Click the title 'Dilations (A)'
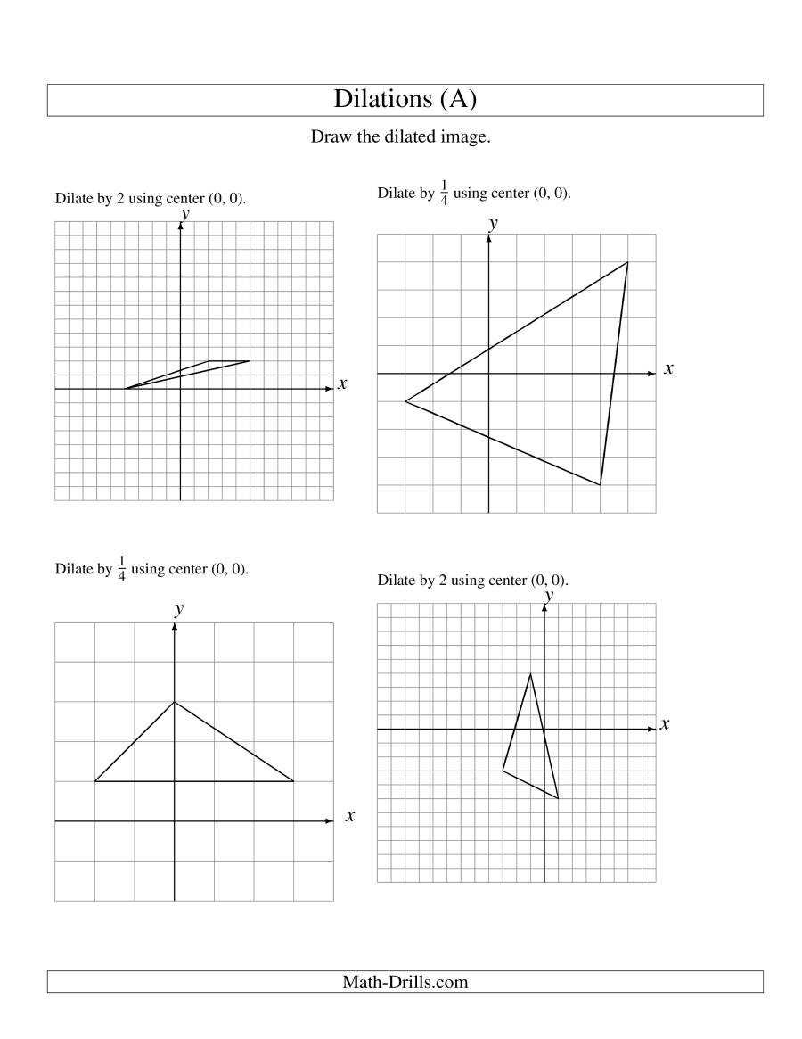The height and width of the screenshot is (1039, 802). pos(405,99)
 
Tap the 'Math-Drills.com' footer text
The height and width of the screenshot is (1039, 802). pos(405,982)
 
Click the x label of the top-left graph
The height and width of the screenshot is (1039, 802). pos(341,384)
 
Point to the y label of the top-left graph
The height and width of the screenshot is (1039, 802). pos(184,212)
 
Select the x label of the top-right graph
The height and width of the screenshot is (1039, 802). pos(668,368)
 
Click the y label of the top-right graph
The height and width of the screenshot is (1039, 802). pos(493,223)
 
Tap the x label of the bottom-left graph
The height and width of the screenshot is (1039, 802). pos(349,815)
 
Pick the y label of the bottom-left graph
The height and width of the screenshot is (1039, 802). pos(179,608)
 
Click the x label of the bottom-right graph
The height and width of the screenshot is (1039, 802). pos(665,724)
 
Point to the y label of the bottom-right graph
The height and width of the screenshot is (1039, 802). pos(549,594)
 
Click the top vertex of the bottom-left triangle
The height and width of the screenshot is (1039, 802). pos(174,702)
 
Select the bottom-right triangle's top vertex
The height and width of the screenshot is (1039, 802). pos(530,673)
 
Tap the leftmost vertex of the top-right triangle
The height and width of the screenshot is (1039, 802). pos(405,401)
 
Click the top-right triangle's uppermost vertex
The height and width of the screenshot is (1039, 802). pos(627,262)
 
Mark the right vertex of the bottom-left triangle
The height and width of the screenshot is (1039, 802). pos(293,781)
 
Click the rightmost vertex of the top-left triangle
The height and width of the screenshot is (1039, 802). pos(250,361)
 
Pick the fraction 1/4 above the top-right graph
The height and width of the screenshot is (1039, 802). pos(444,194)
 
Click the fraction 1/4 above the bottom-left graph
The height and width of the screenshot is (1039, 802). pos(121,569)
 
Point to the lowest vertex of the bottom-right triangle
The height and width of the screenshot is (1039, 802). pos(558,798)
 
